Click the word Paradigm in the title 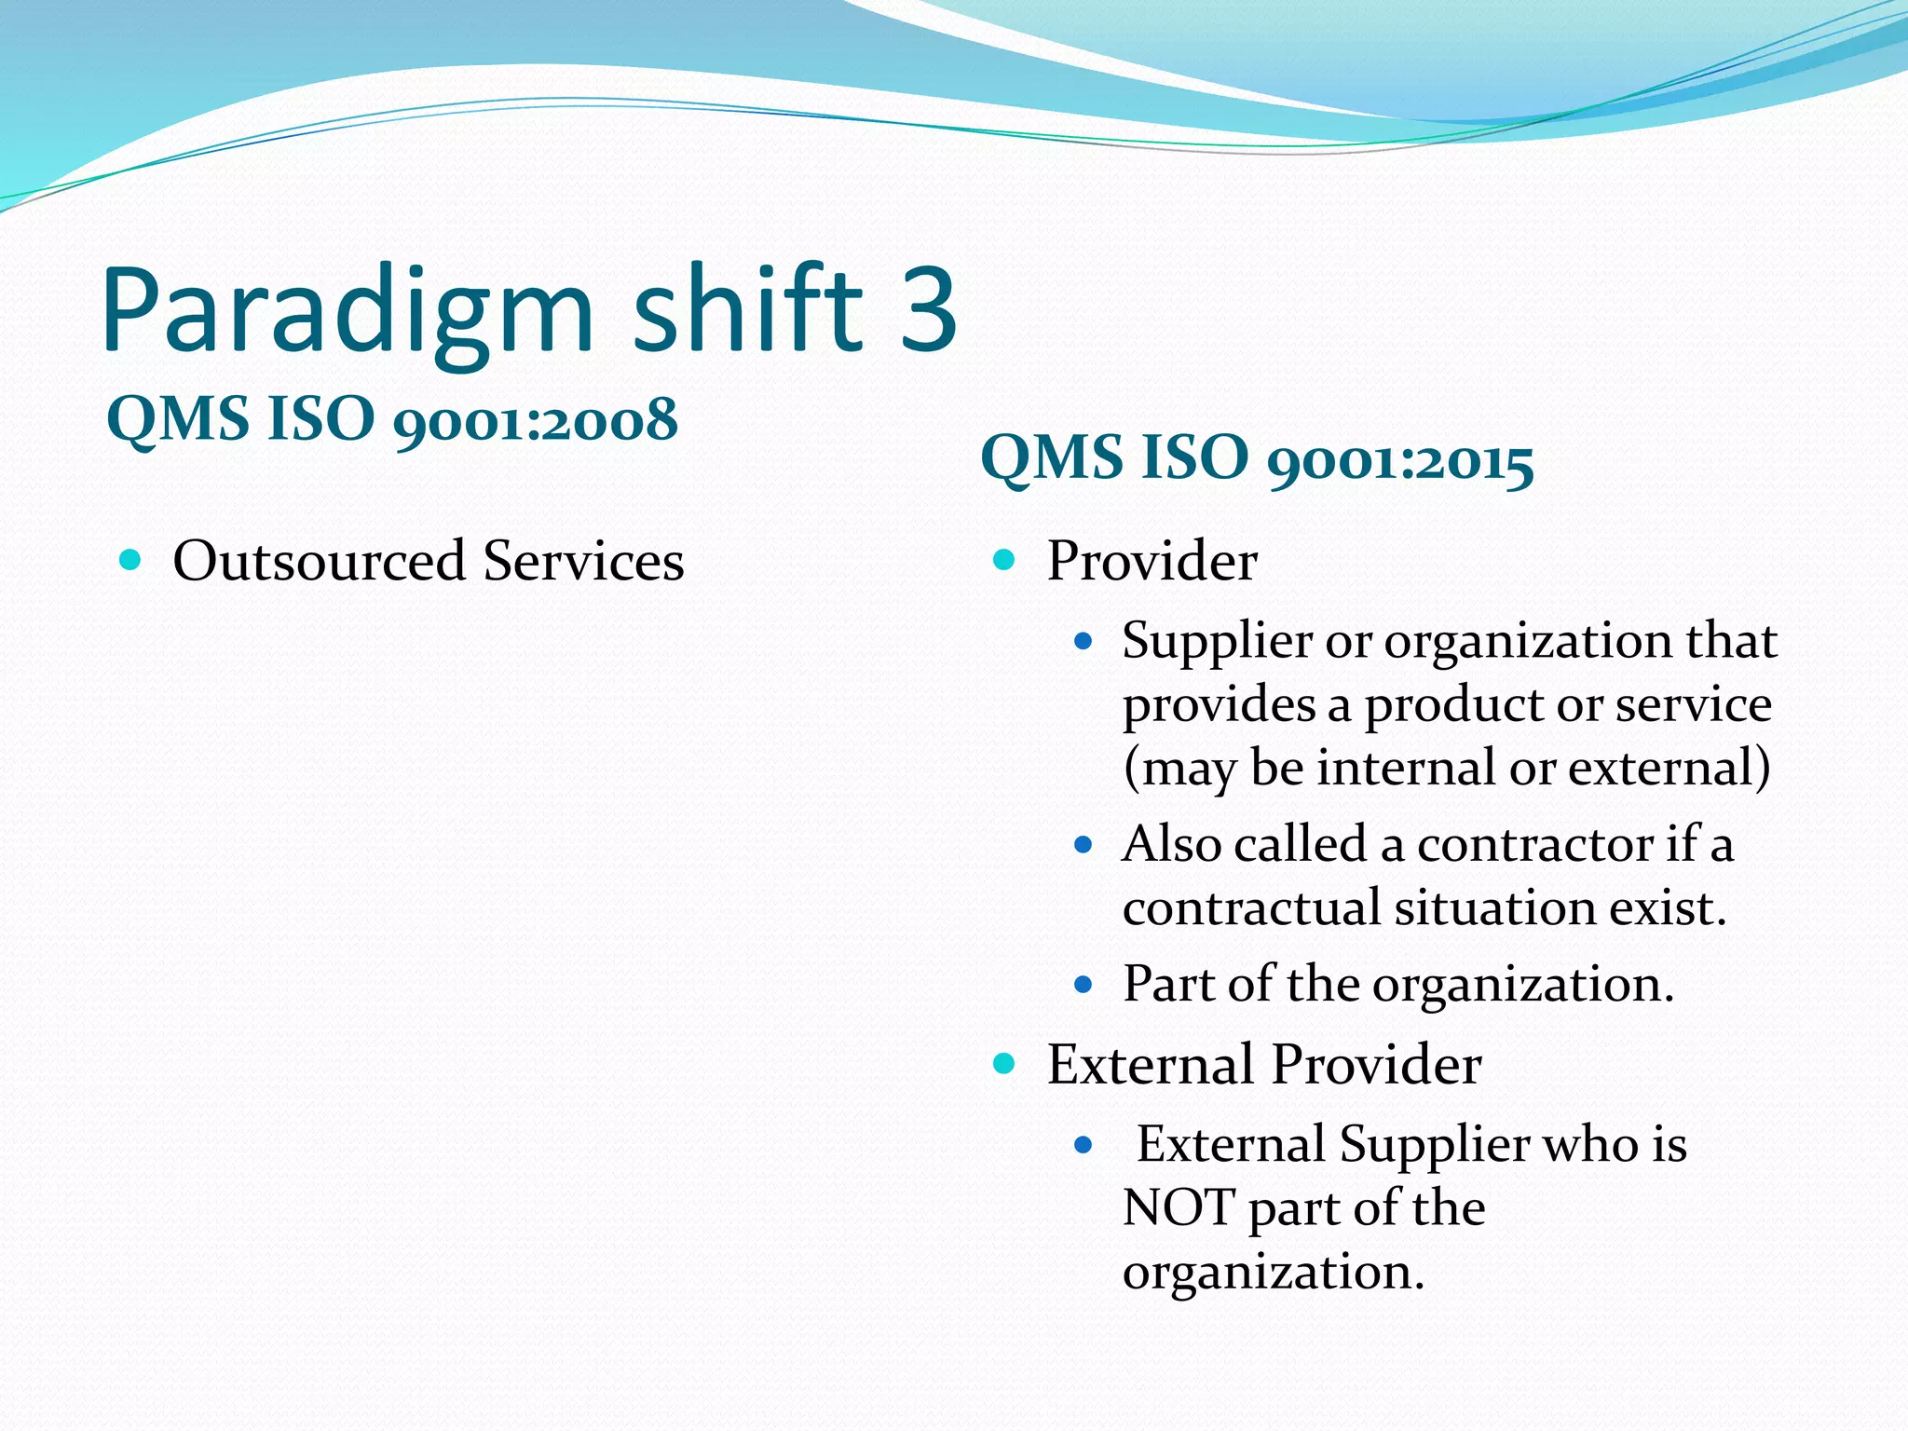pos(347,312)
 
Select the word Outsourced pos(319,562)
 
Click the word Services pos(583,562)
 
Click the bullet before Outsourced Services pos(130,560)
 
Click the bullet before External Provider pos(1003,1063)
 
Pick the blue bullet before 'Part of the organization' pos(1082,985)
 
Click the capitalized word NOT pos(1178,1208)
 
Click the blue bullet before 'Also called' pos(1082,846)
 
